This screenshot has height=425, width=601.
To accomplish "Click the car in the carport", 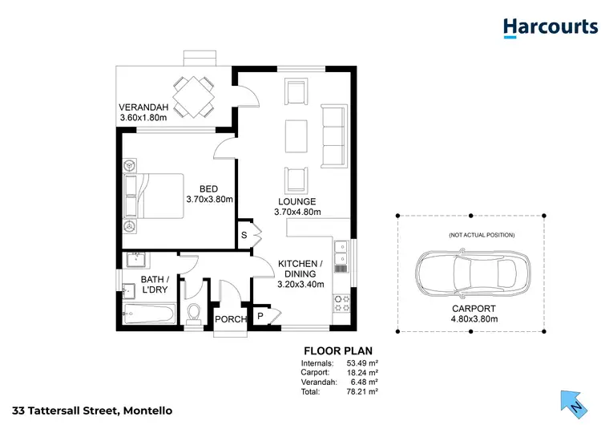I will click(470, 272).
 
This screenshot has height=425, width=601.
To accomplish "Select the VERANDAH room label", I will click(143, 107).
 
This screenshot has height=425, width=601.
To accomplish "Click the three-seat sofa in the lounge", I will click(331, 132).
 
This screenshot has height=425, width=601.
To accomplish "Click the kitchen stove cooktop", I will click(341, 303).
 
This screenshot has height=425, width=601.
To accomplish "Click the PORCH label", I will click(230, 320).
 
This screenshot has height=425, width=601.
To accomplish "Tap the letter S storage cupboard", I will click(244, 235).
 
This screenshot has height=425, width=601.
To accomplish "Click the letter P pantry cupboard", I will click(260, 317).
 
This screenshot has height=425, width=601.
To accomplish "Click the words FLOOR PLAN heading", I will click(337, 350).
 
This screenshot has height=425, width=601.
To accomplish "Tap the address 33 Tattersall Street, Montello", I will click(87, 411).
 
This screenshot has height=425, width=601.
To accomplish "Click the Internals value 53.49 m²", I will click(361, 362).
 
